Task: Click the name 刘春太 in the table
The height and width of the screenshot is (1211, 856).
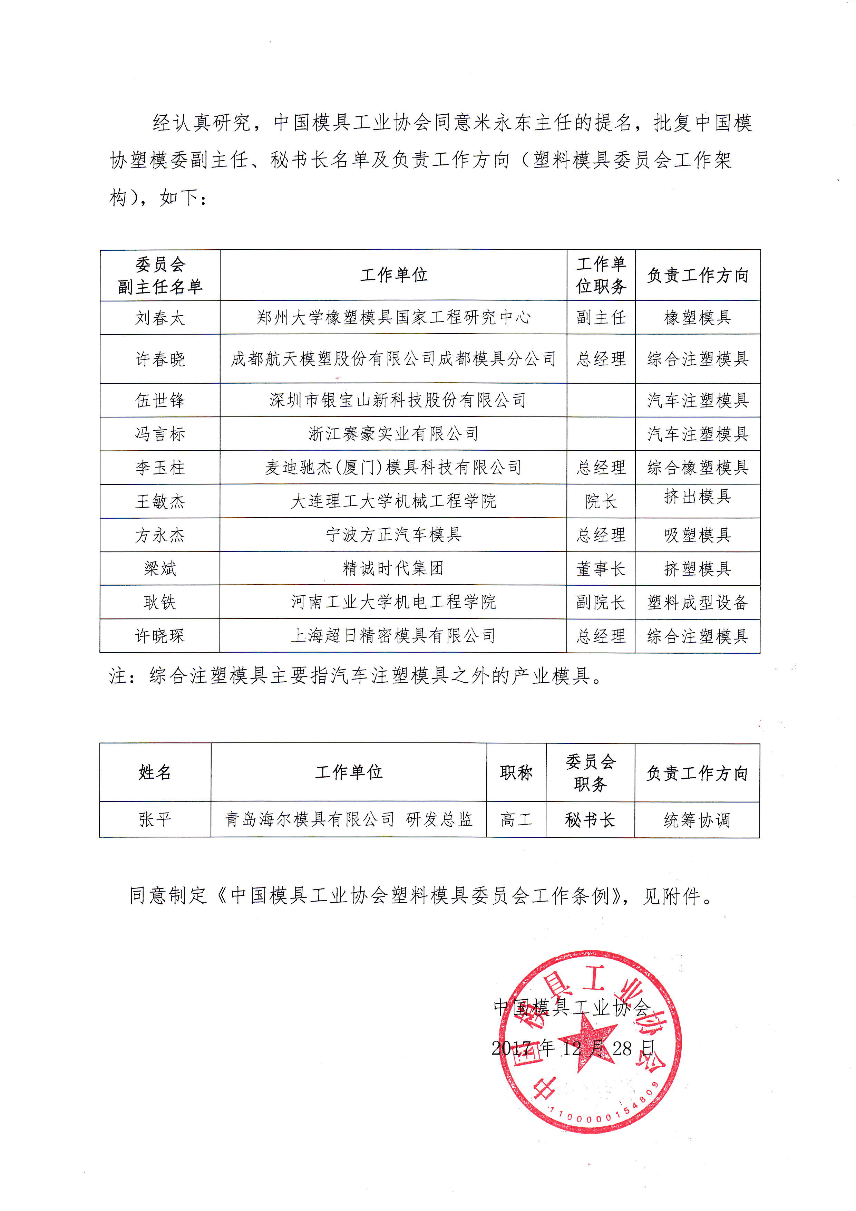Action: point(160,318)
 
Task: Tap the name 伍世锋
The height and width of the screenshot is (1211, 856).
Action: point(160,400)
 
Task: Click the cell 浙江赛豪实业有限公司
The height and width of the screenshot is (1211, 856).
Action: point(393,434)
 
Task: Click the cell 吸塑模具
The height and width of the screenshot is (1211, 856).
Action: point(697,535)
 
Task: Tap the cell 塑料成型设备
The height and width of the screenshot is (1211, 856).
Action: point(697,602)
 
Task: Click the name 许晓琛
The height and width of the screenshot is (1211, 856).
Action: point(160,636)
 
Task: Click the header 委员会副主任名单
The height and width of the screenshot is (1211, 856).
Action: point(160,275)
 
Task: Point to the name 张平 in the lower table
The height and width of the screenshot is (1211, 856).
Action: point(155,819)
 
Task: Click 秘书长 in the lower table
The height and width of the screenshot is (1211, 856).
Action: point(590,819)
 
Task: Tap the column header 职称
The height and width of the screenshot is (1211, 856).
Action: point(516,773)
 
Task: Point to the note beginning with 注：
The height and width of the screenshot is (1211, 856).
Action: point(356,676)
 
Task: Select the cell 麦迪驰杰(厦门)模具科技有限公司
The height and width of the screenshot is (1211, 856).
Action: point(393,467)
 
